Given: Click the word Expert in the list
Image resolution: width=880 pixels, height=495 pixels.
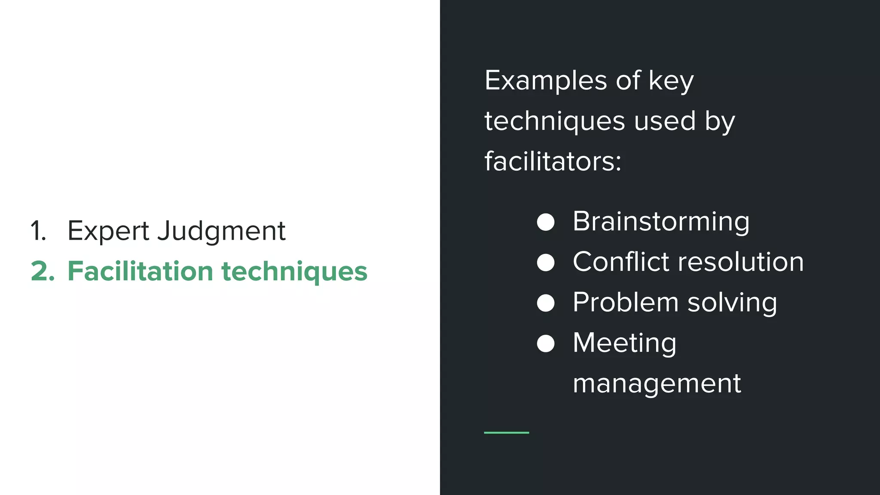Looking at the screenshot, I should (108, 231).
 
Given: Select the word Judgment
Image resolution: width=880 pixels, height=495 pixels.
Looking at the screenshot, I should (221, 231).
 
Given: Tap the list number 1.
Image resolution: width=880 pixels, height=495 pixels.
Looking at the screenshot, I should (38, 231).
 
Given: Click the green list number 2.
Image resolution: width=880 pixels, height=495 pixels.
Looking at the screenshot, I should (43, 272).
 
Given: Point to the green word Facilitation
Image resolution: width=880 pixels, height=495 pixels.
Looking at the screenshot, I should (140, 272).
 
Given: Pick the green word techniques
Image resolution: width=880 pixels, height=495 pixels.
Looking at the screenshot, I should (294, 272).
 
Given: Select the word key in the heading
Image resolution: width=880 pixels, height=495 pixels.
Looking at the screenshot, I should (671, 80).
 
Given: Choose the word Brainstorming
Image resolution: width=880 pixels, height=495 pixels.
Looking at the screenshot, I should (661, 222).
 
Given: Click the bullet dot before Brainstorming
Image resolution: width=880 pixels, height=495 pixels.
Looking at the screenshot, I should (546, 222).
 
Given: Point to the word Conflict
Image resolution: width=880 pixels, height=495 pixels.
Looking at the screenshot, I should (621, 262).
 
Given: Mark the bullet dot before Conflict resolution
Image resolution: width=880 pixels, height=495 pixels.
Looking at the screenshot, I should (546, 263).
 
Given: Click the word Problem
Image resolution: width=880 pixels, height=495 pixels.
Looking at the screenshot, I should (625, 302).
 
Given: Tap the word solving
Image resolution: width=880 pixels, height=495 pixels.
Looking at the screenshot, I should (732, 302).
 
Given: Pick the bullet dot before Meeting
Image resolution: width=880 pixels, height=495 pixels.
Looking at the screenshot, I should (546, 343).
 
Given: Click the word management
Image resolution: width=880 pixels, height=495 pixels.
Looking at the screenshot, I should (657, 383).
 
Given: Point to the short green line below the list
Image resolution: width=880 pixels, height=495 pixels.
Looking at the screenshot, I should (506, 433).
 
